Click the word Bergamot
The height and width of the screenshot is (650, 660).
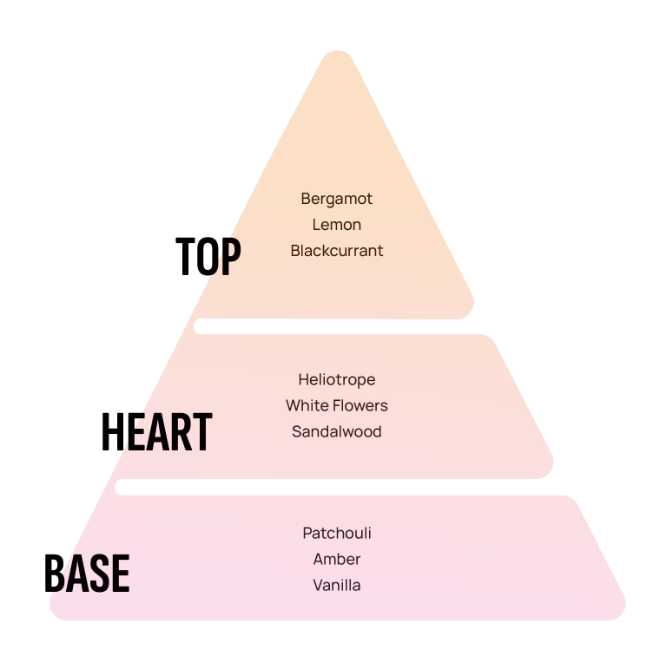(337, 199)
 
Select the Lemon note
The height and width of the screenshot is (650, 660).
(337, 225)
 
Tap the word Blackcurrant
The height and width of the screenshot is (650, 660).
(337, 251)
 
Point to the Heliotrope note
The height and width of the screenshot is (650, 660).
(337, 380)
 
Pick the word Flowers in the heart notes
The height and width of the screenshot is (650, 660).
(360, 405)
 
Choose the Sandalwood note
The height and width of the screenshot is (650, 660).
(337, 431)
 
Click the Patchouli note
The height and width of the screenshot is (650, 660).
(337, 533)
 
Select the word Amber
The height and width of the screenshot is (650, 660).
(337, 559)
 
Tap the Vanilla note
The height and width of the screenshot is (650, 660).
(337, 585)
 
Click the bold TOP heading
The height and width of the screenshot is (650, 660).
(208, 256)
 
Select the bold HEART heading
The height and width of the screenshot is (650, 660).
(156, 431)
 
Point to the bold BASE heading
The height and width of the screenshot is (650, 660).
(87, 574)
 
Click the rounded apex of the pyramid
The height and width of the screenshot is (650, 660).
(338, 52)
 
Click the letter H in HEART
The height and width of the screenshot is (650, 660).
(113, 431)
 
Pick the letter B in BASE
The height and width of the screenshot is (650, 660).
(55, 574)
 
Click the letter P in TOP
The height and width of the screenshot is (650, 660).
(231, 256)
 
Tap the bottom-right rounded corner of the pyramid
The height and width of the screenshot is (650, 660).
(618, 609)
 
